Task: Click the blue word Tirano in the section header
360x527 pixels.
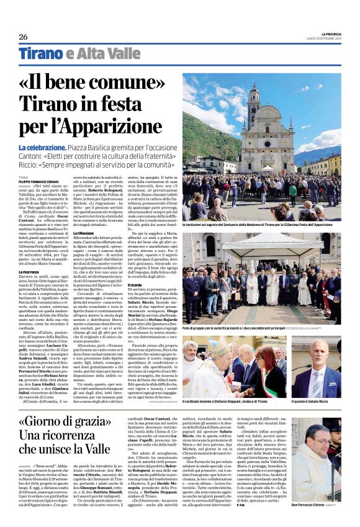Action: (41, 54)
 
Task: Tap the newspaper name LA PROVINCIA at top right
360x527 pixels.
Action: (326, 34)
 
